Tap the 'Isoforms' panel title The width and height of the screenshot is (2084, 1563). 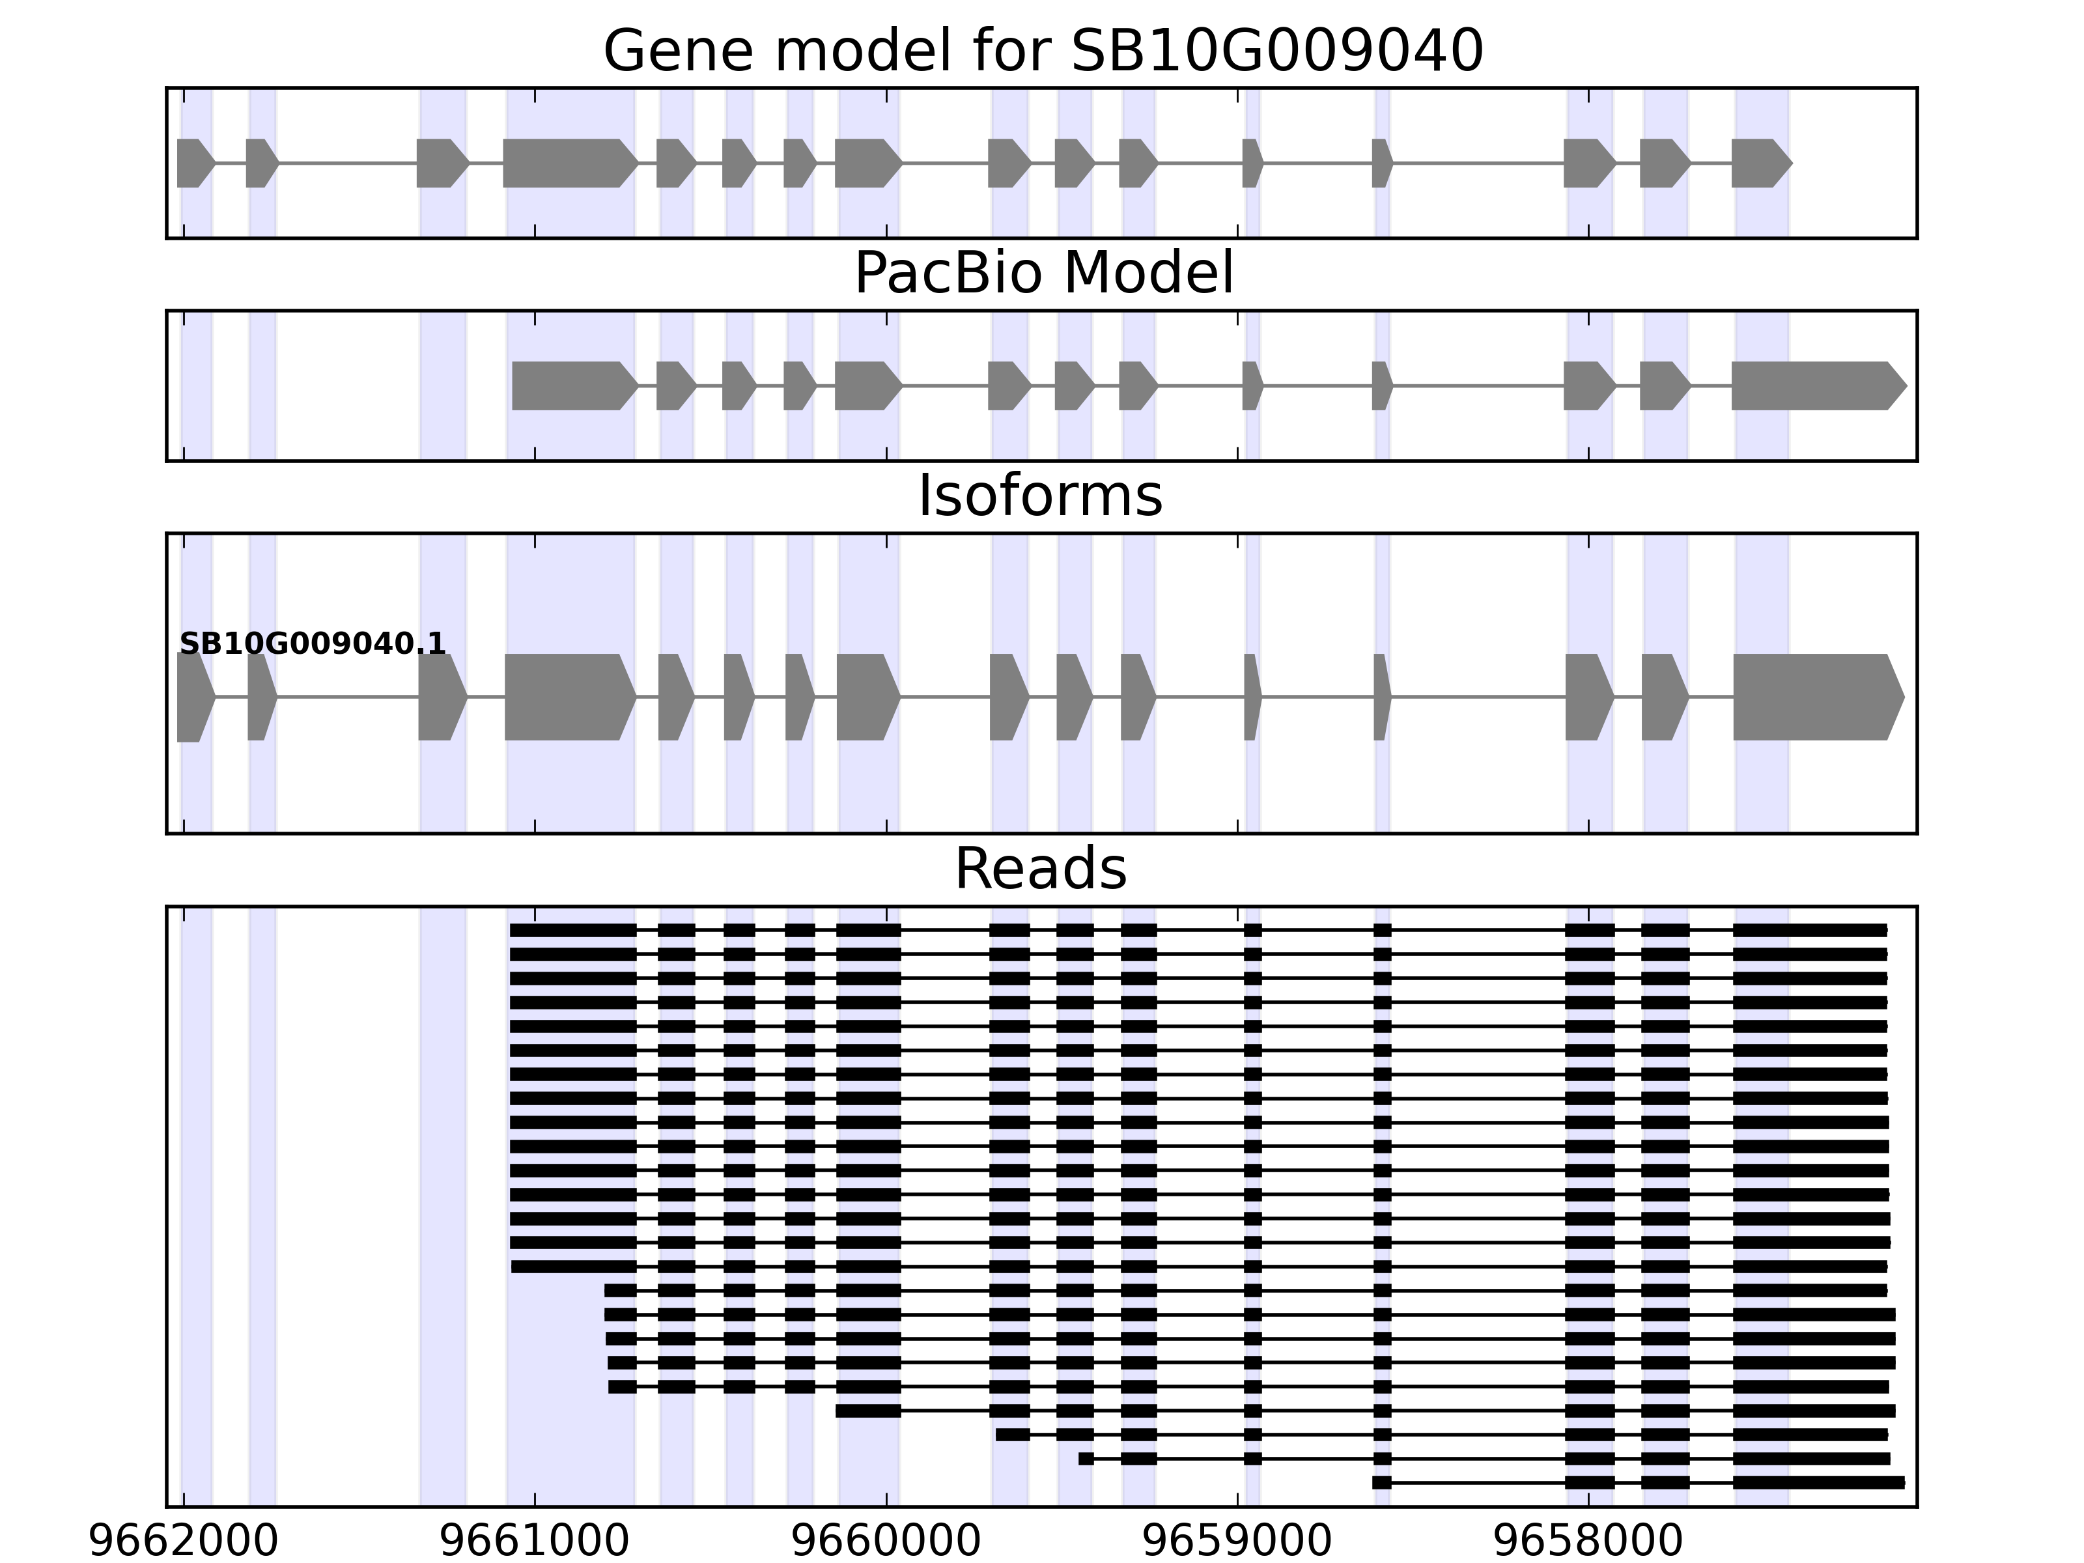pos(1040,496)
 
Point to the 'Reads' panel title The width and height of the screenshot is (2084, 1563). pos(1040,869)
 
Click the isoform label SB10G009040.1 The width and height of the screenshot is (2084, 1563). pos(312,645)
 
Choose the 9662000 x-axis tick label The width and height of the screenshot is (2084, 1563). pos(183,1542)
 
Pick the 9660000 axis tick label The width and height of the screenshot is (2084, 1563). pos(886,1542)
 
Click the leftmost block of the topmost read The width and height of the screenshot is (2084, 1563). pos(573,931)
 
